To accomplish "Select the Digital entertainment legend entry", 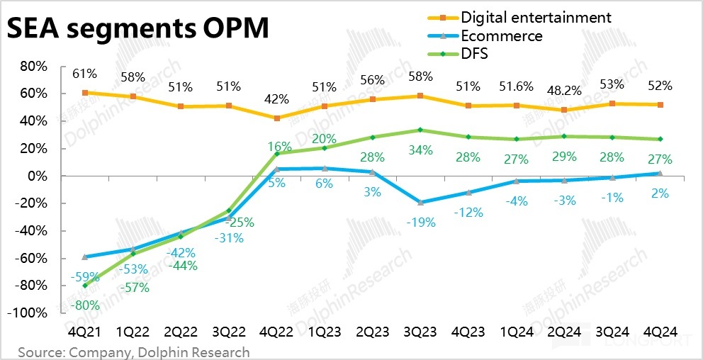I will pos(535,16).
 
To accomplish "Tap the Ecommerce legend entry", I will pos(501,35).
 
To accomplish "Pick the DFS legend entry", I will pos(477,53).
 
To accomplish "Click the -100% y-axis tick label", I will pos(30,313).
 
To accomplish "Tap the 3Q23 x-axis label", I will pos(420,332).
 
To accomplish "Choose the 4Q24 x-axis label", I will pos(660,332).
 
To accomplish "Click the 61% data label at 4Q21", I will pos(85,73).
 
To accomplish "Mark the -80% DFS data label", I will pos(85,305).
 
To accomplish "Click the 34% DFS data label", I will pos(420,150).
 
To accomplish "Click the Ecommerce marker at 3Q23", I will pos(420,203).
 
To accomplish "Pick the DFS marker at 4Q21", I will pos(85,286).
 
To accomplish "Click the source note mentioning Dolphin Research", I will pos(134,352).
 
